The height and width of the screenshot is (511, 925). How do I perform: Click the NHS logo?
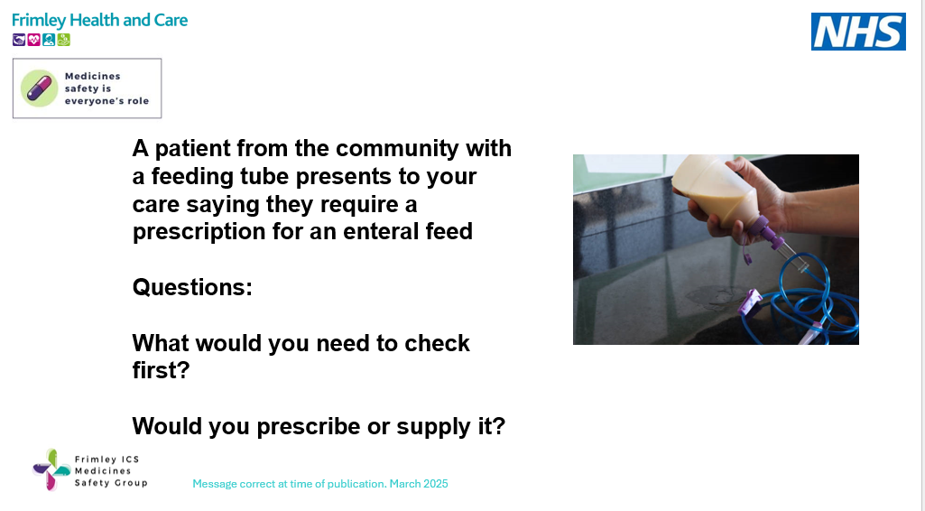pos(858,32)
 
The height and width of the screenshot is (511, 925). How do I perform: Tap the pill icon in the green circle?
pos(39,88)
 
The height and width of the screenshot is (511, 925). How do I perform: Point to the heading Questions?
pos(192,287)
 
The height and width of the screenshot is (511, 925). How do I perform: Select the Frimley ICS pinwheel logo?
pos(51,470)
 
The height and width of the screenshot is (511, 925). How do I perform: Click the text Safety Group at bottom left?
pos(111,483)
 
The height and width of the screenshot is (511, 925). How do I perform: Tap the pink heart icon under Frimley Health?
pos(33,40)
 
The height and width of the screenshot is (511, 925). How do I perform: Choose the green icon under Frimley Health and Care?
pos(63,40)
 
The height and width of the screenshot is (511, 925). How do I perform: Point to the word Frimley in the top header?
pos(37,20)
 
